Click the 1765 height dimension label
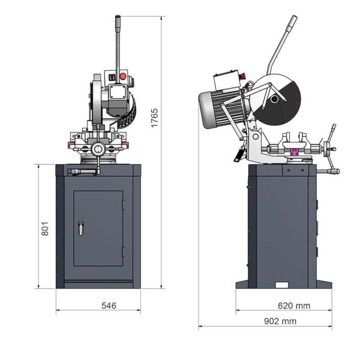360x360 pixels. click(155, 118)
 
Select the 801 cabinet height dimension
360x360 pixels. click(45, 229)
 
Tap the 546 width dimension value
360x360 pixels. click(109, 305)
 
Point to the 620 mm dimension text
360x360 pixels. click(294, 305)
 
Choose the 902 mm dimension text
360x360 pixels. click(280, 321)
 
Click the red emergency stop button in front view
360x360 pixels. click(123, 76)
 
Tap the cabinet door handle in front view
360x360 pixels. click(81, 228)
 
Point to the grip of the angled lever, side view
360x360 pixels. click(292, 23)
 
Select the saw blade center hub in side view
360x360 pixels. click(274, 100)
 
